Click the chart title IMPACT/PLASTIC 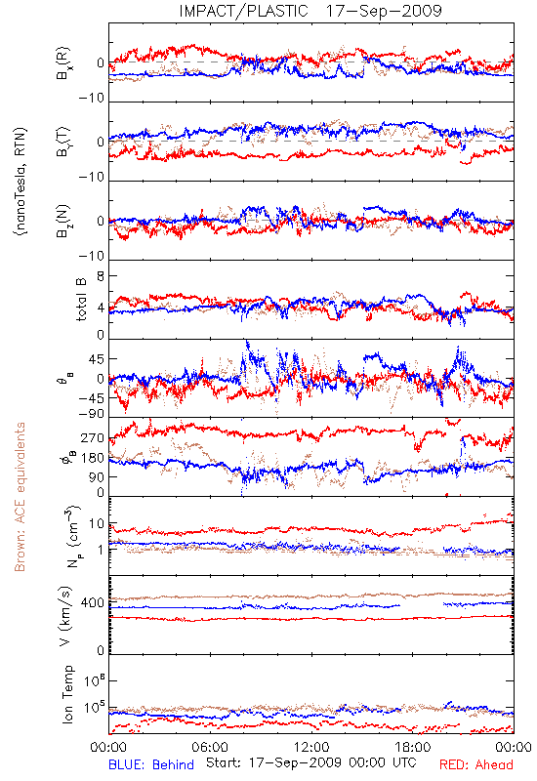[243, 11]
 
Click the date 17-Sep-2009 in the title [384, 11]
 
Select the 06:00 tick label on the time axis [210, 747]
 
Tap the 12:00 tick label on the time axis [311, 747]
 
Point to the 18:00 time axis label [413, 747]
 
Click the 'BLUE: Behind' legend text [151, 764]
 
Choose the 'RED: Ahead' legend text [475, 764]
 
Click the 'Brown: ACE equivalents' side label [20, 497]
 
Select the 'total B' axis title [81, 300]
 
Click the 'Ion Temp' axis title [67, 694]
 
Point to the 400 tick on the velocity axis [93, 603]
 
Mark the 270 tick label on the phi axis [93, 438]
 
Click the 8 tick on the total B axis [101, 276]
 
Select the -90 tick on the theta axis [92, 414]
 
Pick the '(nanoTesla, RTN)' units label [21, 182]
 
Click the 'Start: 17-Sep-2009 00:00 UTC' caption [310, 762]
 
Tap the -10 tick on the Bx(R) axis [92, 99]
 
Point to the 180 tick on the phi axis [93, 458]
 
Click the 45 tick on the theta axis [97, 359]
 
